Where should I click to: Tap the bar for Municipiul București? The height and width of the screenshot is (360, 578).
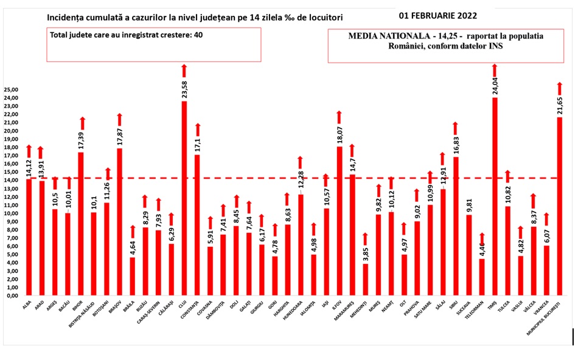[x=560, y=206]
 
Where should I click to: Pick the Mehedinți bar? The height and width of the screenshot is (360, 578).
[x=364, y=279]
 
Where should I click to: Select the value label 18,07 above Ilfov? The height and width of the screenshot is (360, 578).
[x=339, y=135]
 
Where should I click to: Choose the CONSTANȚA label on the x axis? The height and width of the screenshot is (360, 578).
[x=197, y=313]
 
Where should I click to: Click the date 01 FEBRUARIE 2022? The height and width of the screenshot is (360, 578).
[x=437, y=15]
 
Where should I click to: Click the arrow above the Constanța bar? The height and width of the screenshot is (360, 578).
[x=197, y=130]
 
